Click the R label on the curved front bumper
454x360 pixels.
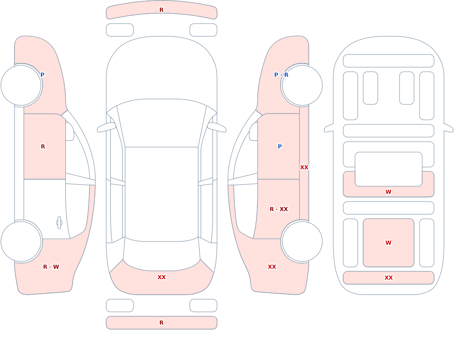click(162, 10)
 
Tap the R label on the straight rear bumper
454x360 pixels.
click(162, 323)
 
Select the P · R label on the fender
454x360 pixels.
click(281, 75)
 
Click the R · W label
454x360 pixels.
click(51, 267)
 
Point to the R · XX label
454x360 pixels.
click(279, 209)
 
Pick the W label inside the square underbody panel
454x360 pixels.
click(389, 243)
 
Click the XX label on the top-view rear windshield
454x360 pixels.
click(162, 277)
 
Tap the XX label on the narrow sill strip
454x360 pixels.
click(304, 168)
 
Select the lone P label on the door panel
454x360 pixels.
click(280, 147)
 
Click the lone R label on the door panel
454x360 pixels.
click(43, 147)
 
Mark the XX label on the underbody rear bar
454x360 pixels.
click(389, 278)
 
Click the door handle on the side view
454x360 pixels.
click(59, 223)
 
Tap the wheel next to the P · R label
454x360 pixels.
click(302, 85)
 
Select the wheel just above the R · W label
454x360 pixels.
click(21, 242)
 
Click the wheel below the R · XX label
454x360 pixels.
click(302, 242)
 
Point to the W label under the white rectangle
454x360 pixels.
click(389, 192)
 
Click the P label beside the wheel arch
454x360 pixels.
click(42, 75)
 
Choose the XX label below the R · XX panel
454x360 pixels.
click(272, 267)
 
